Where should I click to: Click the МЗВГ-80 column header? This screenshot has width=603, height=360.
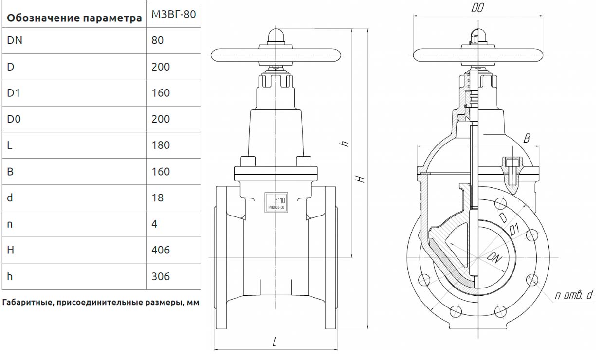coord(174,14)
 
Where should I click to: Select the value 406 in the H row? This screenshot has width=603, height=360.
coord(161,250)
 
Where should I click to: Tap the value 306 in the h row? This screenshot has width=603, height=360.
coord(161,276)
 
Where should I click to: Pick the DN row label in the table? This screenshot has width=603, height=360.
coord(15,40)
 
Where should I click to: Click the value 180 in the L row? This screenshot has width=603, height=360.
coord(161,145)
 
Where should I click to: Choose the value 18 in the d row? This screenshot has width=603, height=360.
coord(158,198)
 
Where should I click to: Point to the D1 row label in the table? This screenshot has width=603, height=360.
coord(14,93)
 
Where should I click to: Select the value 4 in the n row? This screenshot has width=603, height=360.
coord(155,224)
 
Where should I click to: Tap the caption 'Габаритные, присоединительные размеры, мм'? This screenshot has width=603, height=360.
coord(101,303)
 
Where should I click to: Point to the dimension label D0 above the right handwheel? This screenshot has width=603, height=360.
coord(477,8)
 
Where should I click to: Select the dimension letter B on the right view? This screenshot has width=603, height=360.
coord(526,139)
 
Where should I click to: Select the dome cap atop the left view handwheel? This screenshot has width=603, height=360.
coord(276,37)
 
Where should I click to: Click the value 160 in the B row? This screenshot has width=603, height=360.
coord(161,172)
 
